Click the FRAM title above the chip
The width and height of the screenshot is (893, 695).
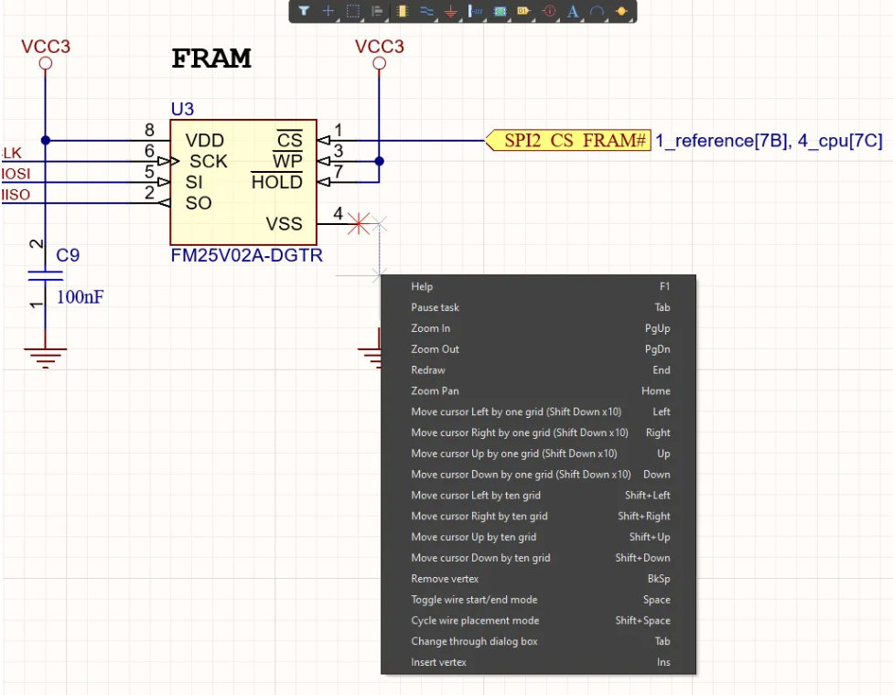pyautogui.click(x=211, y=59)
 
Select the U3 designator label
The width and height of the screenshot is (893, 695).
pyautogui.click(x=182, y=109)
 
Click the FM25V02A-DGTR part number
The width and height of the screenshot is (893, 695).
pyautogui.click(x=247, y=255)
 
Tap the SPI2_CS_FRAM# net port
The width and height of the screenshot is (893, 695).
pyautogui.click(x=568, y=140)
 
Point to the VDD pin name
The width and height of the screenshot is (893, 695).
pyautogui.click(x=204, y=141)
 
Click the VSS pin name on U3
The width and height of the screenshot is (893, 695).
pyautogui.click(x=284, y=224)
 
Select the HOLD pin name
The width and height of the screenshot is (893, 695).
pyautogui.click(x=277, y=182)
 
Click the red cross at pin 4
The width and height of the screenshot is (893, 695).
pyautogui.click(x=359, y=224)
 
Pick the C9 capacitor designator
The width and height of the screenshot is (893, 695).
pyautogui.click(x=68, y=255)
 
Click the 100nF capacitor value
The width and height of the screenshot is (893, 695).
pyautogui.click(x=80, y=296)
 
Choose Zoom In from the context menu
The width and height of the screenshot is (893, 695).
pyautogui.click(x=431, y=328)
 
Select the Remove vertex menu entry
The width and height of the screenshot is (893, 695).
pyautogui.click(x=445, y=579)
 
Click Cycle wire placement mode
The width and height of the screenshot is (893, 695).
pyautogui.click(x=475, y=620)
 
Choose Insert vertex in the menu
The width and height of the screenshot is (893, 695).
pyautogui.click(x=438, y=663)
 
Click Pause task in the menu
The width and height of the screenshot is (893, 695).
pyautogui.click(x=436, y=307)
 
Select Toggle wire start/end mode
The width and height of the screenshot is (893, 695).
pyautogui.click(x=474, y=600)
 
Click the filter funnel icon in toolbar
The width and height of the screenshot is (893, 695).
pyautogui.click(x=304, y=11)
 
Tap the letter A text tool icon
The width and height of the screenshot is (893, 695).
pyautogui.click(x=573, y=11)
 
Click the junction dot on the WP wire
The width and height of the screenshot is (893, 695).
pyautogui.click(x=380, y=161)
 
